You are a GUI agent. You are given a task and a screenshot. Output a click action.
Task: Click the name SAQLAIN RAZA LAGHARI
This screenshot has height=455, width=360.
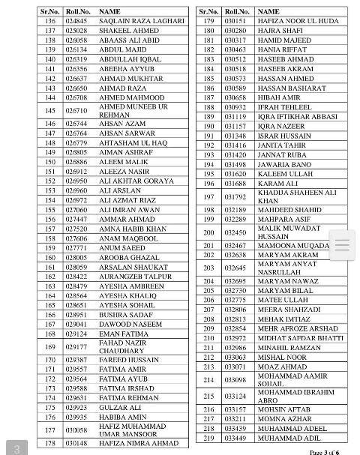point(141,21)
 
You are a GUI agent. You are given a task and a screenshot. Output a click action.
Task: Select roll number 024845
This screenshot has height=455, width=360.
point(76,21)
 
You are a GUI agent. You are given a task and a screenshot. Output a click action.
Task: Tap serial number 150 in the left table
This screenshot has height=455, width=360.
point(51,161)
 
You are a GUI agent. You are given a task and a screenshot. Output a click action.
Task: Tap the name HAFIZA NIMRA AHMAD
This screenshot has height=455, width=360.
point(139,442)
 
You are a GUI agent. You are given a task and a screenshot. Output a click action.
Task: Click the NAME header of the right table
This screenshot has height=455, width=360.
point(268,12)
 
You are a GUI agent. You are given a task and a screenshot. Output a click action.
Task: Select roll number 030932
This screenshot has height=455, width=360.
point(235,107)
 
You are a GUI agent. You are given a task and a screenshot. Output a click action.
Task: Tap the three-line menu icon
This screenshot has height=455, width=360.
point(343,245)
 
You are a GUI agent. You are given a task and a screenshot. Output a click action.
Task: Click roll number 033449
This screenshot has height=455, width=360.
point(235,437)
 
